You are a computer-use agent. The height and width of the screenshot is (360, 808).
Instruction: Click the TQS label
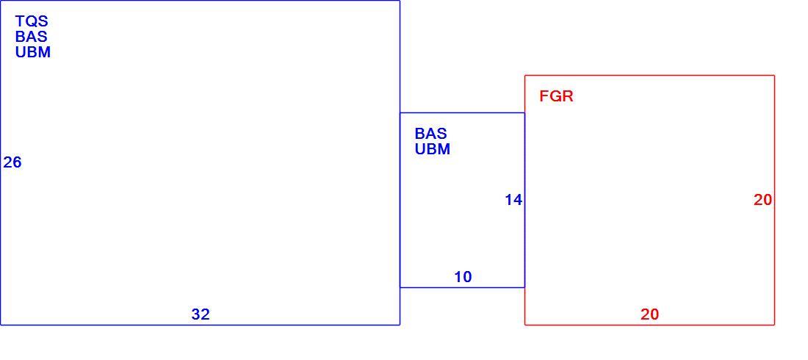pyautogui.click(x=32, y=21)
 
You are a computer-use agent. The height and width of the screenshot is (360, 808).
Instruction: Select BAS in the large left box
pyautogui.click(x=32, y=37)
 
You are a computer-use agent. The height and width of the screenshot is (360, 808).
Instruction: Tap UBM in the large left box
pyautogui.click(x=33, y=52)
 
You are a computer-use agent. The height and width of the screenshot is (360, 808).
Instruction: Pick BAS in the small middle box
pyautogui.click(x=430, y=134)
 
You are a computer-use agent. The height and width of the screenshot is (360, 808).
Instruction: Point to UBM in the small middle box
pyautogui.click(x=433, y=149)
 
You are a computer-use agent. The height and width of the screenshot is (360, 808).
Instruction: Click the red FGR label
pyautogui.click(x=557, y=96)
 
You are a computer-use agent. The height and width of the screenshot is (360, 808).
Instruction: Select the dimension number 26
pyautogui.click(x=12, y=162)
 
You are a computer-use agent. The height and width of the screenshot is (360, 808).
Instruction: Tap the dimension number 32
pyautogui.click(x=201, y=314)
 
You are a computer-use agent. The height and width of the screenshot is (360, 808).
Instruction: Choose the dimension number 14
pyautogui.click(x=513, y=200)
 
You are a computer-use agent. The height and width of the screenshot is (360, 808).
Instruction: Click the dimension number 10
pyautogui.click(x=463, y=277)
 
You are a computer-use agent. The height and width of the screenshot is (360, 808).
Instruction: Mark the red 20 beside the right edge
pyautogui.click(x=762, y=200)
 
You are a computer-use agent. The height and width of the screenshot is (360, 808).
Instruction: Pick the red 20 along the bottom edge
pyautogui.click(x=650, y=314)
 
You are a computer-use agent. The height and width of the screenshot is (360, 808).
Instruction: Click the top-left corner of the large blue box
pyautogui.click(x=1, y=1)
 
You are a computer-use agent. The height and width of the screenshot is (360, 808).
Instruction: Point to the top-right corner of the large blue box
pyautogui.click(x=400, y=1)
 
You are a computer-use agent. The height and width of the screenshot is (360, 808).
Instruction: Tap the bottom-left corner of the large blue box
pyautogui.click(x=1, y=325)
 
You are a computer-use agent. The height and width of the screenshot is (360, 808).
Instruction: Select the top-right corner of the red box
pyautogui.click(x=774, y=75)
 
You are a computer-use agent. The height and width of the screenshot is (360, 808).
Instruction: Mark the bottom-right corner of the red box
pyautogui.click(x=774, y=325)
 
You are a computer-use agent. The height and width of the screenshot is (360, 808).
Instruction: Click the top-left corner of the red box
pyautogui.click(x=524, y=75)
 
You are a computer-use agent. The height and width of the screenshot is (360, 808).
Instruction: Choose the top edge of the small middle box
pyautogui.click(x=462, y=112)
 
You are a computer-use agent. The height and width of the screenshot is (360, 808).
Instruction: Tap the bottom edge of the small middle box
pyautogui.click(x=462, y=287)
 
